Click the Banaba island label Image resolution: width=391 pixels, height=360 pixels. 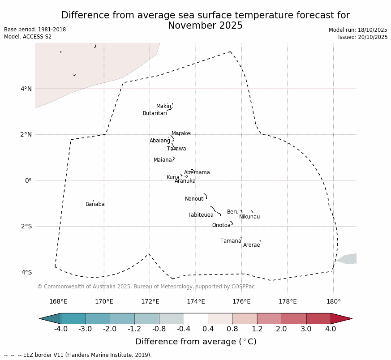[95, 205]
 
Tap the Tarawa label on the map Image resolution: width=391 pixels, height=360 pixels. [176, 149]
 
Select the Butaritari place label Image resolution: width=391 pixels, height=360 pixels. [155, 114]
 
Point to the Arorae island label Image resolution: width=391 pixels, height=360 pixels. [251, 245]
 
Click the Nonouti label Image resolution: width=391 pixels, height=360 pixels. [194, 199]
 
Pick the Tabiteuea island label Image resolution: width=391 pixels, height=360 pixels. [200, 215]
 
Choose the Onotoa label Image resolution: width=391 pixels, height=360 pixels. [221, 226]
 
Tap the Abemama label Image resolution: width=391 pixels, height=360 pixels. [197, 173]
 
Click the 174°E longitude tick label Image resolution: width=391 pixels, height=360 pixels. [196, 302]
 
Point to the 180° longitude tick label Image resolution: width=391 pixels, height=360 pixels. [333, 302]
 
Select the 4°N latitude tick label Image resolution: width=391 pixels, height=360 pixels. [26, 89]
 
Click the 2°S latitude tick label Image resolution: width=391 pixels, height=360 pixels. [26, 227]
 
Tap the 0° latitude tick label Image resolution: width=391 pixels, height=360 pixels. [28, 180]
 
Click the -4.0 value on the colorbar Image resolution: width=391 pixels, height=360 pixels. [60, 330]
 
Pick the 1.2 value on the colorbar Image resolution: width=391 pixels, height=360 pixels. [257, 330]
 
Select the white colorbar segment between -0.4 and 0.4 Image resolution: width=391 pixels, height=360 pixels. [196, 318]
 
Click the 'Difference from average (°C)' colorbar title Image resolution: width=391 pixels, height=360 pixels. [196, 342]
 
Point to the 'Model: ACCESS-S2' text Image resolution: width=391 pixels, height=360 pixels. [28, 37]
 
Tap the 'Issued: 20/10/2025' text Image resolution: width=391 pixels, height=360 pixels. [363, 37]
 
